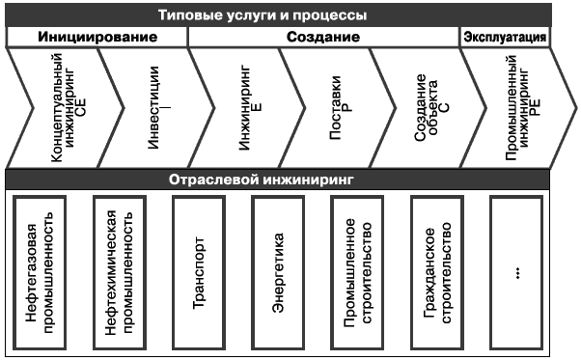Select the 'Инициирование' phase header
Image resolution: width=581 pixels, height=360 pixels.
[97, 38]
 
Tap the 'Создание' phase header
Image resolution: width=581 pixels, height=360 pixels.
[323, 38]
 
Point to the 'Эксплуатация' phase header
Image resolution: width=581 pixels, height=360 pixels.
[507, 38]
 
